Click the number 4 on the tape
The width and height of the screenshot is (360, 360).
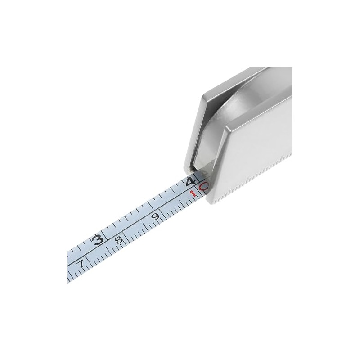point(191,182)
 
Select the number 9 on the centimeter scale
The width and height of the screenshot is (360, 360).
point(156,216)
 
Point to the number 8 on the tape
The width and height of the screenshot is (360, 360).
point(119,240)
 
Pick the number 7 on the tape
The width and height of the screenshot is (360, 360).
point(81,264)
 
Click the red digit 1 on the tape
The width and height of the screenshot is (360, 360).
point(193,194)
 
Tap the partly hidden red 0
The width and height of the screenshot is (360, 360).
point(203,186)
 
